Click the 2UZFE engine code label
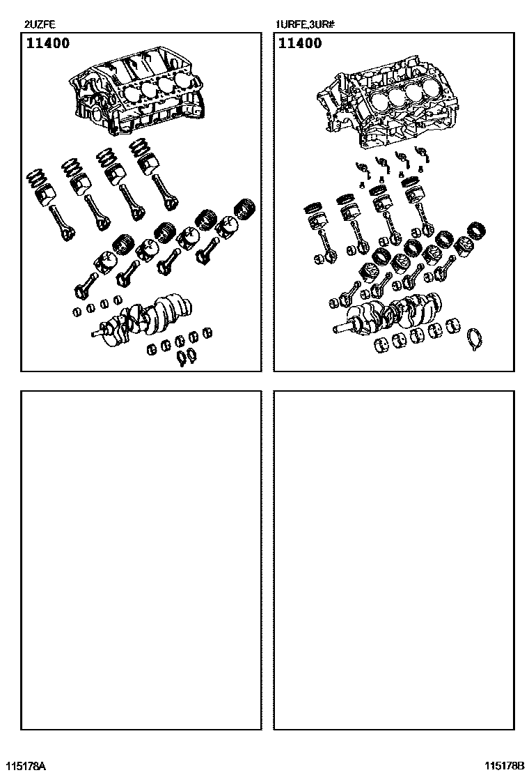(x=40, y=24)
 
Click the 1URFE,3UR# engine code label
(x=306, y=24)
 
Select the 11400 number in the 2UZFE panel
(x=48, y=43)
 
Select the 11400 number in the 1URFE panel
(x=300, y=43)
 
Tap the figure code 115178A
(x=24, y=766)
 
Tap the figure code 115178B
(x=504, y=766)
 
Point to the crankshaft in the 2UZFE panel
(x=143, y=318)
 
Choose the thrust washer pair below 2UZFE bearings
(x=187, y=357)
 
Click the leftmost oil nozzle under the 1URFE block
(x=363, y=167)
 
